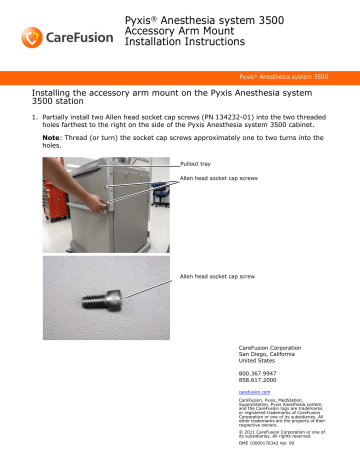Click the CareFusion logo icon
[30, 36]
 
